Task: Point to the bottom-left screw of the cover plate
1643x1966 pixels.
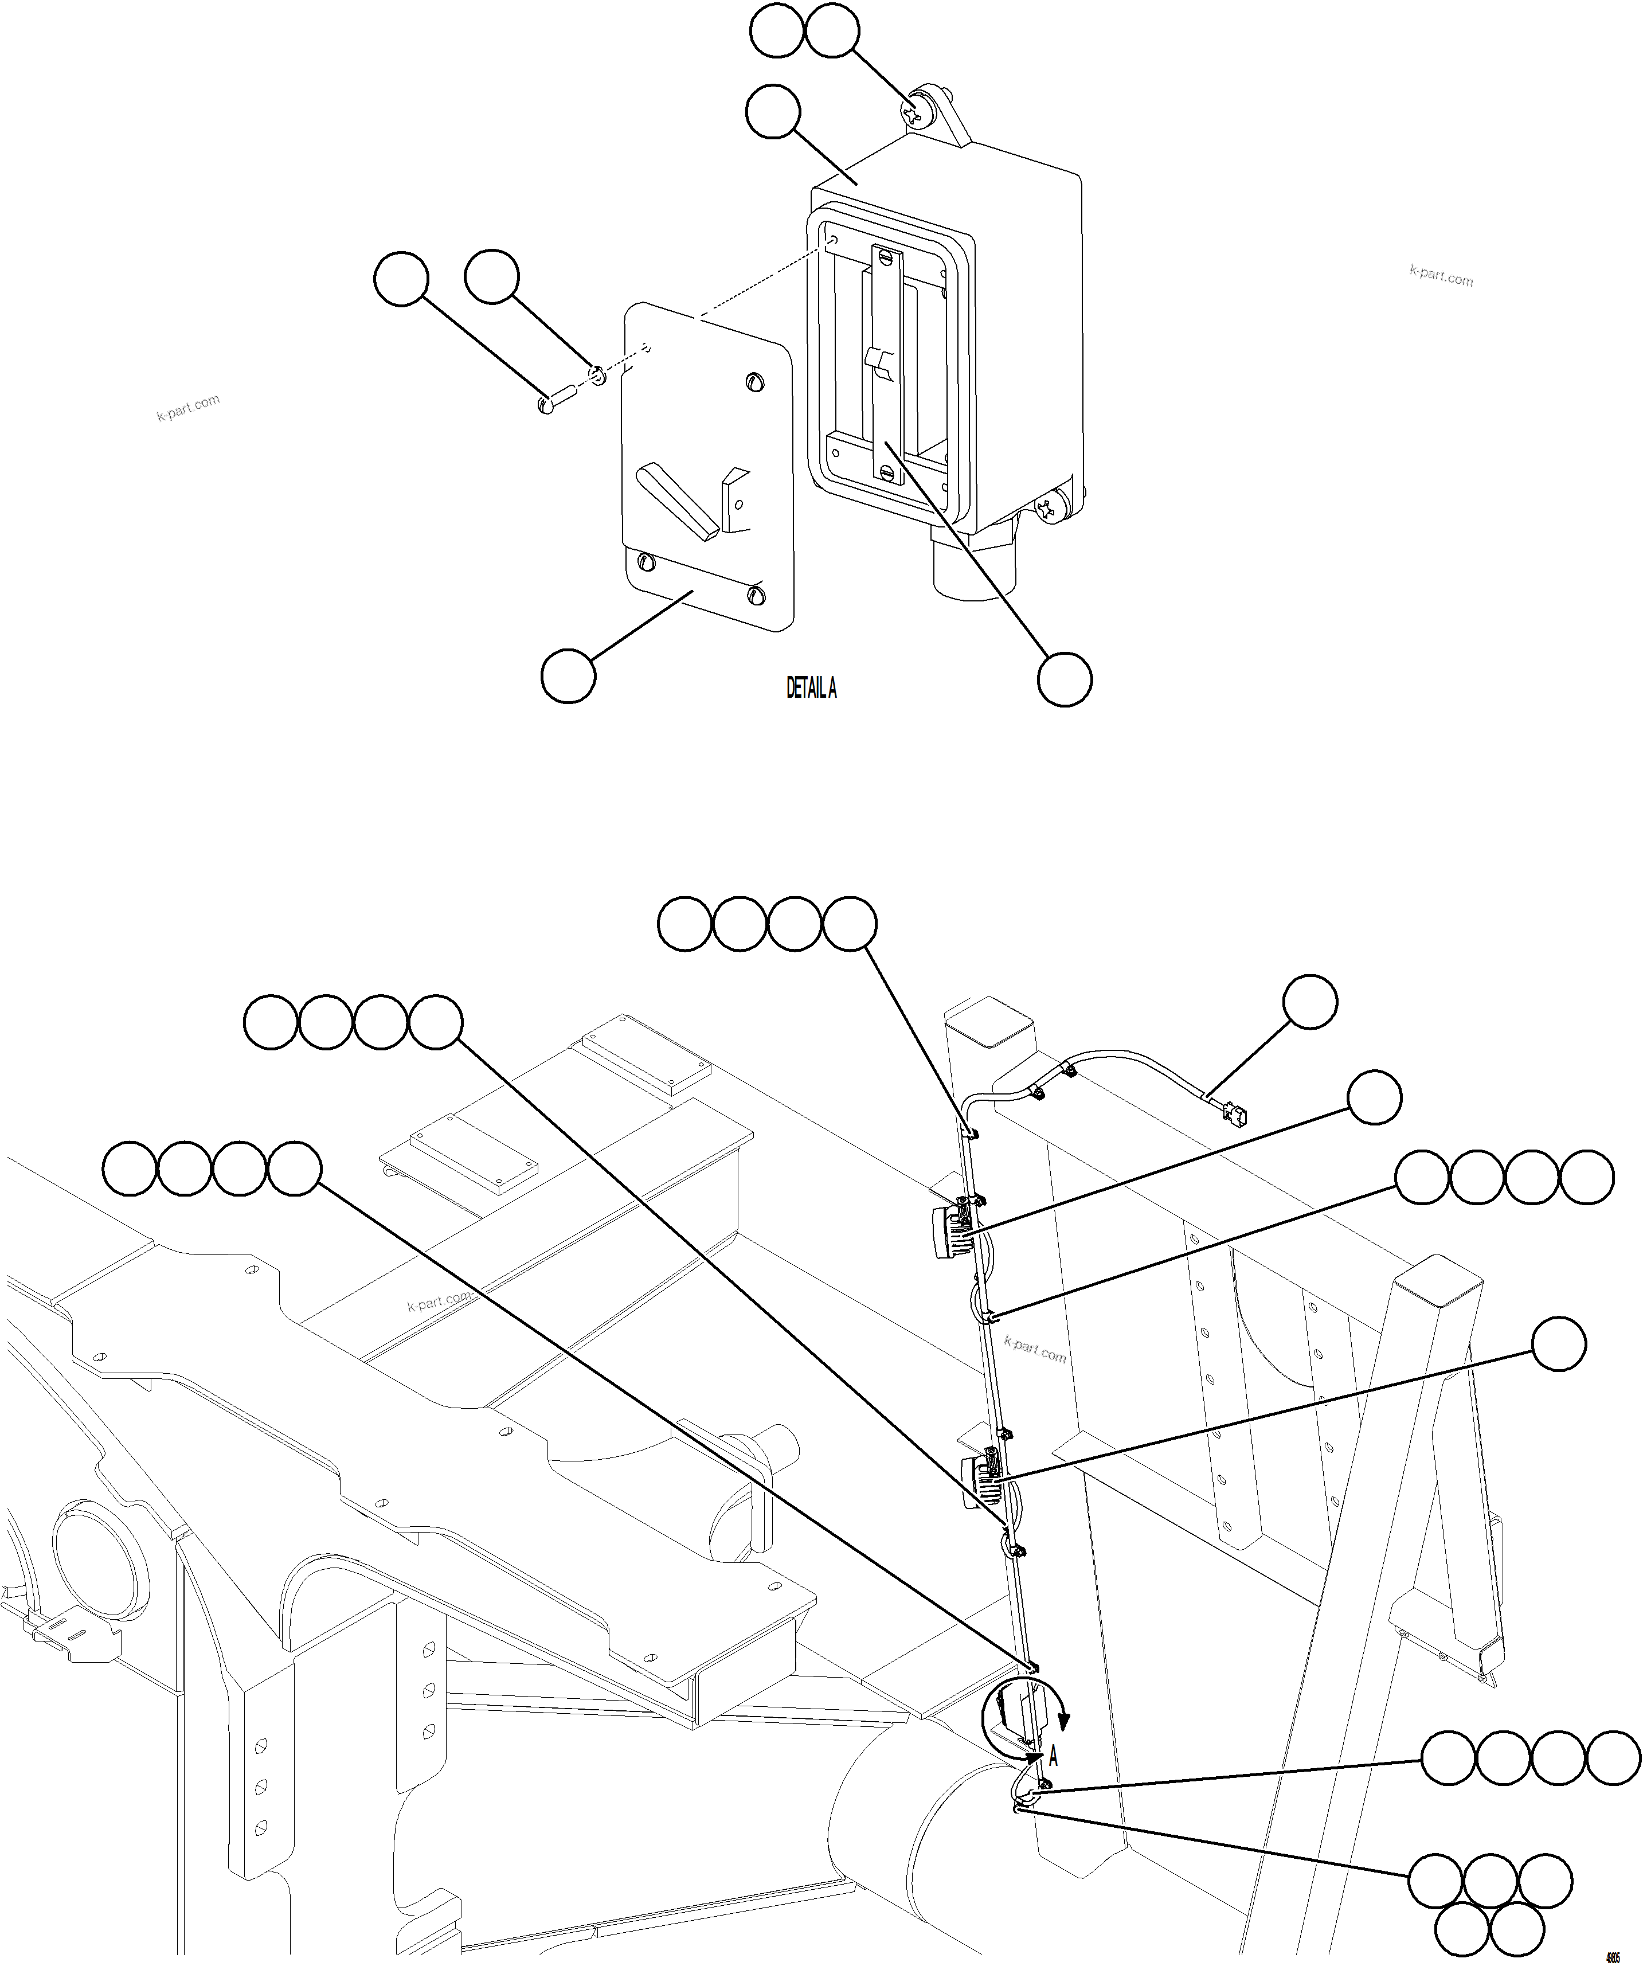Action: point(644,562)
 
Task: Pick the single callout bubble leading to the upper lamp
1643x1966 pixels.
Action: point(1374,1097)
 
